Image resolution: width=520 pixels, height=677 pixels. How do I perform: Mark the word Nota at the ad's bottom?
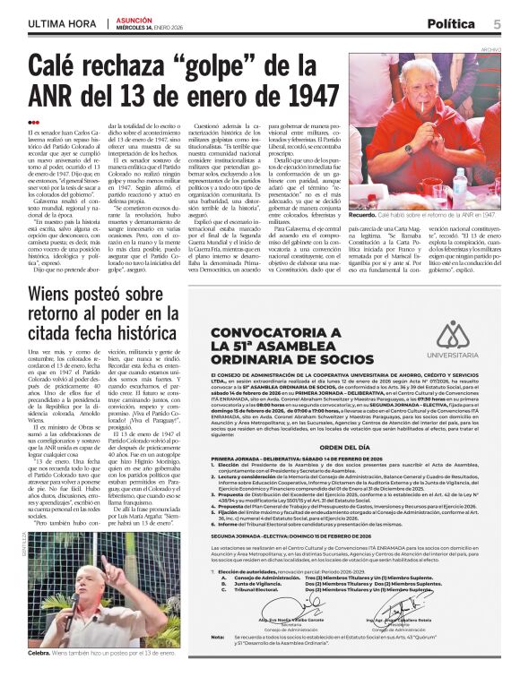pyautogui.click(x=218, y=637)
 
